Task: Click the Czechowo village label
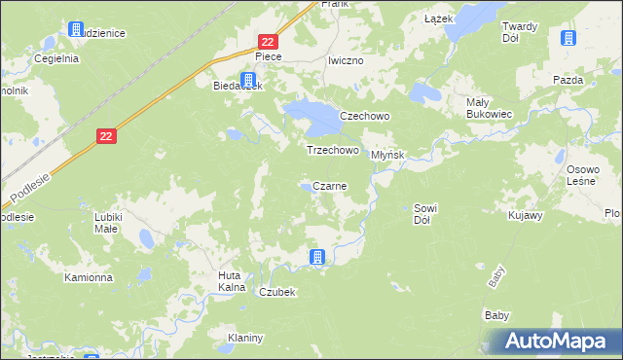coord(364,116)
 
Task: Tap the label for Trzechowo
coord(333,151)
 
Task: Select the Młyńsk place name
coord(386,155)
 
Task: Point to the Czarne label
coord(330,186)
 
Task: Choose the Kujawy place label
coord(525,214)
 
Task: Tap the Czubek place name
coord(276,292)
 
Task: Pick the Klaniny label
coord(245,338)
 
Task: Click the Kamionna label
coord(89,277)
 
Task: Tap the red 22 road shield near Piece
coord(269,41)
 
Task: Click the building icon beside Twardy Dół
coord(568,39)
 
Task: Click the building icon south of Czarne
coord(316,257)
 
